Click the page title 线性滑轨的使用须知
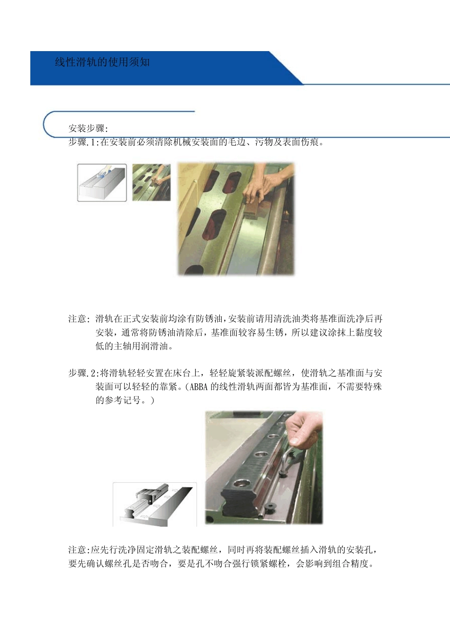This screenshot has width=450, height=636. [x=102, y=62]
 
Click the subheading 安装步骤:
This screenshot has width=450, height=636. [x=88, y=128]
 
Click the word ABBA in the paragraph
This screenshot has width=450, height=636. [x=198, y=387]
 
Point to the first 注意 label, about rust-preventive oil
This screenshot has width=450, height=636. [x=78, y=319]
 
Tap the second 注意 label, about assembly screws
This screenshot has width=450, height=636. [x=78, y=550]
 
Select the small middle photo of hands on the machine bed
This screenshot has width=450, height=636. [x=151, y=182]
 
